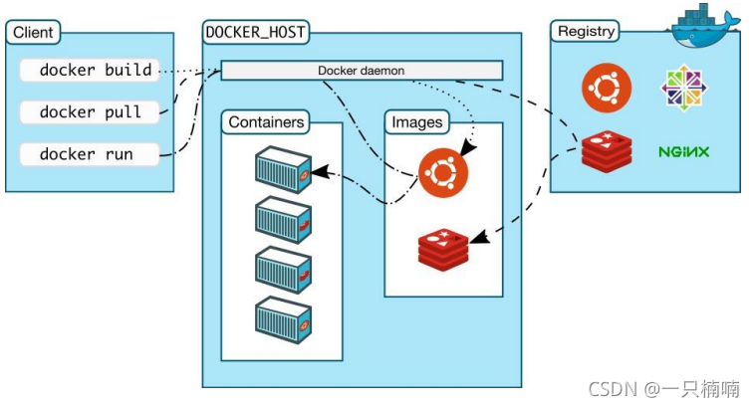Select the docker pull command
(91, 112)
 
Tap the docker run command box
(91, 154)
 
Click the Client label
(33, 33)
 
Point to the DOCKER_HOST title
(255, 33)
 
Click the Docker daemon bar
(361, 71)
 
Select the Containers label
(266, 122)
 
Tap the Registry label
(586, 31)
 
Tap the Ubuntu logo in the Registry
(607, 88)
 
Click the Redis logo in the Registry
(607, 151)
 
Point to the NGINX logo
(683, 152)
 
